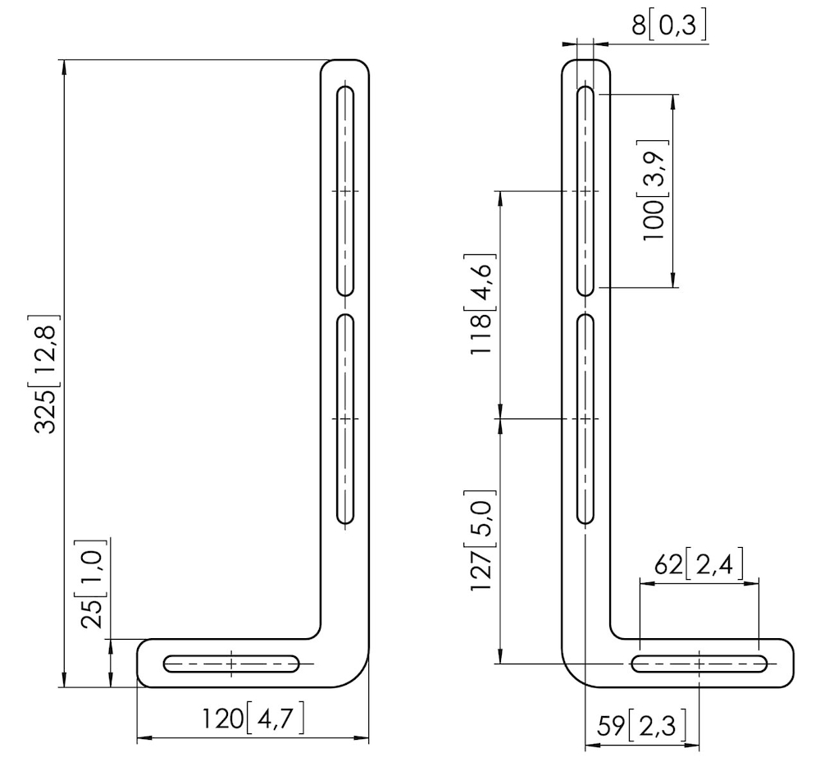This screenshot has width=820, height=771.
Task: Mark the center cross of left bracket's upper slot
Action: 345,191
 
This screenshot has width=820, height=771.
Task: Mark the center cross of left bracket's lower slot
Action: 345,418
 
